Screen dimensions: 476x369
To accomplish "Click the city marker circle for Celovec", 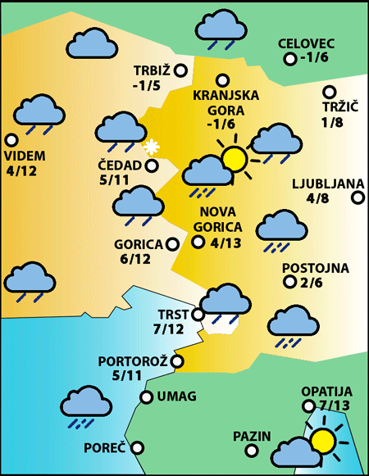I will [289, 59].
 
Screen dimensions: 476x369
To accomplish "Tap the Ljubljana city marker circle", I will [358, 197].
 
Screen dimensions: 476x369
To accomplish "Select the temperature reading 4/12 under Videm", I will [20, 171].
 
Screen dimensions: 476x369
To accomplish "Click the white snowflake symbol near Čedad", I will [150, 147].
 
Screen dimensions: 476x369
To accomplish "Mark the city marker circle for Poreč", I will [137, 447].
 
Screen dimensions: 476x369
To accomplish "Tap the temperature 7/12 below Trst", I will [168, 329].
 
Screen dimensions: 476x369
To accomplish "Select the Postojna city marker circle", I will [289, 282].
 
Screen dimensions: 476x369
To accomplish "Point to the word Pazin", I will [251, 436].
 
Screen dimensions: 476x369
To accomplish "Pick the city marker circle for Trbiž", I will [180, 70].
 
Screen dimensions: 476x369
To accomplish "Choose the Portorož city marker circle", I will [176, 360].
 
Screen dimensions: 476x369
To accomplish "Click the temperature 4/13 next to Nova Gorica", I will [226, 243].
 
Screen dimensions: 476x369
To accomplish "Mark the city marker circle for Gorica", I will [172, 243].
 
